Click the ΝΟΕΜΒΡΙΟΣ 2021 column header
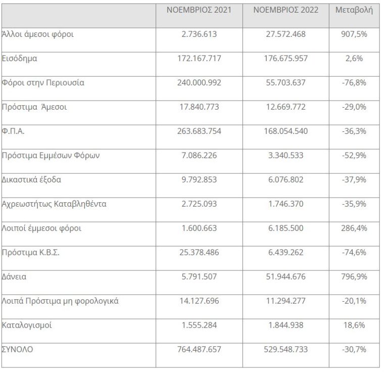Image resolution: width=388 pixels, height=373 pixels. coord(199,10)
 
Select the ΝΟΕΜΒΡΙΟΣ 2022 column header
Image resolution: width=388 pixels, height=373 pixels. coord(285,10)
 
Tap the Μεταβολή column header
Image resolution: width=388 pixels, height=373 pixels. coord(354,10)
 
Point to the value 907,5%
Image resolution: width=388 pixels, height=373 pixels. coord(354,34)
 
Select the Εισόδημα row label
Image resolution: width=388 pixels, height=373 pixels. coord(20,59)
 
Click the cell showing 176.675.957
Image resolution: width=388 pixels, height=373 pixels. coord(285,59)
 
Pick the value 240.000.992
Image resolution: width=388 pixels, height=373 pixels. coord(199,83)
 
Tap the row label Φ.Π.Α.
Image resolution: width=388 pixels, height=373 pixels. coord(14,131)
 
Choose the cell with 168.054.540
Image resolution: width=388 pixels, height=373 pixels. coord(285,131)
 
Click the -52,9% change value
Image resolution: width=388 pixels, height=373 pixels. coord(354,156)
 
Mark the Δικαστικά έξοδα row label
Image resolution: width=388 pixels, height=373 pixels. coord(32,180)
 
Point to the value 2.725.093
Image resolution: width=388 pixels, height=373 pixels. coord(199,204)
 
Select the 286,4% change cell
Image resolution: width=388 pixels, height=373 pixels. coord(354,228)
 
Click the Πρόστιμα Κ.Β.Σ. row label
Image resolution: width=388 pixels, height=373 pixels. coord(31,253)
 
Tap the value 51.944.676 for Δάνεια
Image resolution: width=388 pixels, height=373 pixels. coord(285,277)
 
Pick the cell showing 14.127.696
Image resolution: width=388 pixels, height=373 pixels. coord(199,301)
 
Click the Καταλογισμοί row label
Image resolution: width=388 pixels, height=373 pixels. coord(27,325)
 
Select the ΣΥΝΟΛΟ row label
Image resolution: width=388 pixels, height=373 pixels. coord(18,349)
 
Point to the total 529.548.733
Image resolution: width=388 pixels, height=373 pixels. coord(285,349)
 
